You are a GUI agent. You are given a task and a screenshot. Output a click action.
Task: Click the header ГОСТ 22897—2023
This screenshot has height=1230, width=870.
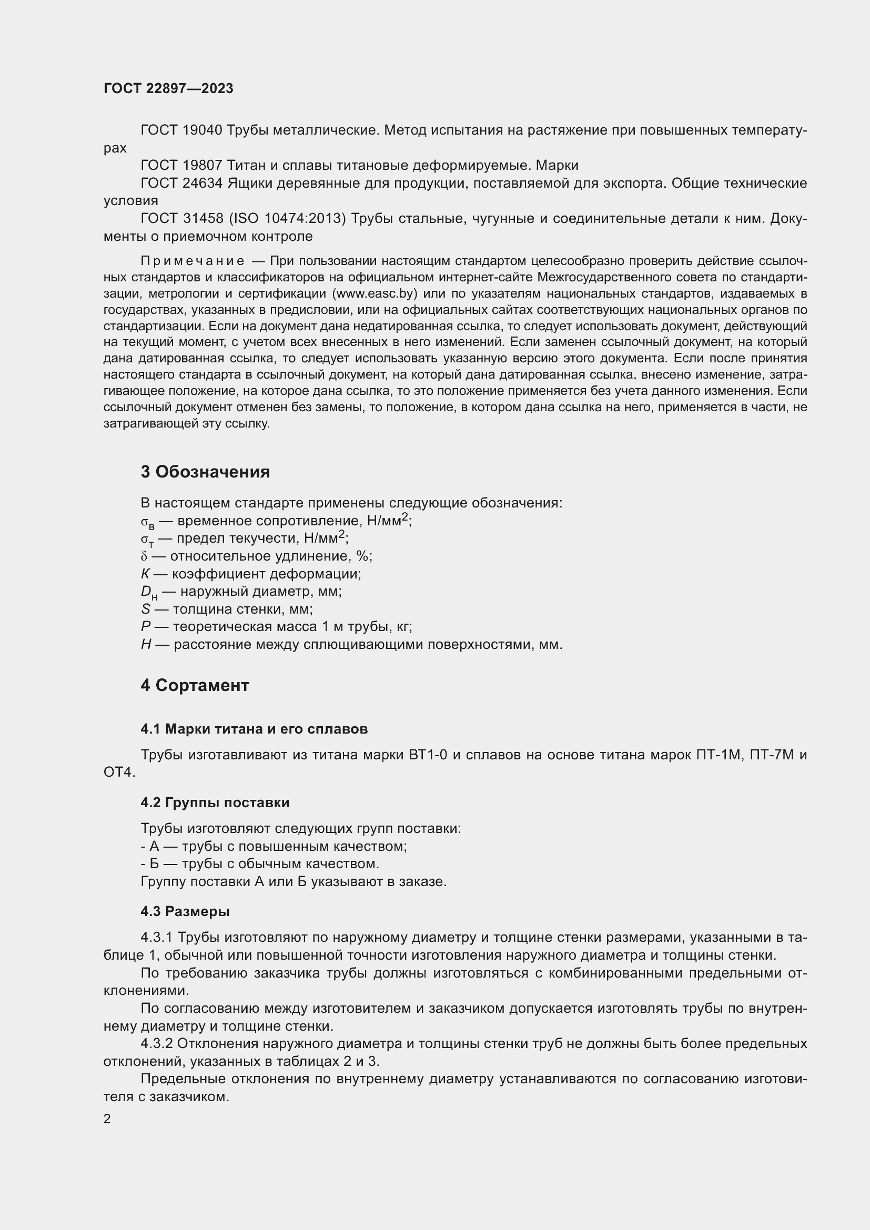tap(168, 89)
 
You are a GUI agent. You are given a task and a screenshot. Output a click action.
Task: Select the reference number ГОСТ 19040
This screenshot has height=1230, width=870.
tap(181, 130)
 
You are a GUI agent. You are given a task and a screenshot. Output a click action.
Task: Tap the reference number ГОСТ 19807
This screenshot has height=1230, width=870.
tap(181, 166)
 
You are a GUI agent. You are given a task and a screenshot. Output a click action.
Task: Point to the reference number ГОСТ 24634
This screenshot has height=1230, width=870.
tap(181, 183)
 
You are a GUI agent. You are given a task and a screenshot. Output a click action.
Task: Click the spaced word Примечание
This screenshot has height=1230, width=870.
tap(192, 261)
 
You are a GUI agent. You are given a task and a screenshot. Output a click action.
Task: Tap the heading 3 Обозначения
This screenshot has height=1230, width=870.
tap(205, 472)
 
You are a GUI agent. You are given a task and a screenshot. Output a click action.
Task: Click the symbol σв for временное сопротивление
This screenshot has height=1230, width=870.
tap(147, 522)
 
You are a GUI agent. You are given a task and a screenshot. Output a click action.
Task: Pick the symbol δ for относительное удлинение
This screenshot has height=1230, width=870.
tap(144, 556)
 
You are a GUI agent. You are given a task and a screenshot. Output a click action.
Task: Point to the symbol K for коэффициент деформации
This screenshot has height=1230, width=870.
tap(145, 574)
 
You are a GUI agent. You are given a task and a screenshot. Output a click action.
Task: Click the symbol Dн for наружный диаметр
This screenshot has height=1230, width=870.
tap(148, 593)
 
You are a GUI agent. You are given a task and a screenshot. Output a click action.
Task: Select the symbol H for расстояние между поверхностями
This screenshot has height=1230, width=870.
tap(146, 645)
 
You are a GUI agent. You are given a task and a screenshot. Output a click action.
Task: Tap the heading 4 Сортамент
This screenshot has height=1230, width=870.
tap(195, 686)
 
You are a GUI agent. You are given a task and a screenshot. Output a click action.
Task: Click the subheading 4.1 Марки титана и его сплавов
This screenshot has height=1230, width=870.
tap(254, 729)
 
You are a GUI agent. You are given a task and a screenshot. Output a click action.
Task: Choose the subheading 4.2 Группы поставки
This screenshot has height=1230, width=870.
tap(215, 802)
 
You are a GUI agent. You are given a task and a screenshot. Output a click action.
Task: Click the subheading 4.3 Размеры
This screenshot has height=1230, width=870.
tap(185, 911)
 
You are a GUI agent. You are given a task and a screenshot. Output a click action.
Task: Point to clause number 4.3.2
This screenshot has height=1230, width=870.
tap(156, 1043)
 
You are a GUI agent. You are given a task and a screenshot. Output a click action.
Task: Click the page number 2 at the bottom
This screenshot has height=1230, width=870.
tap(107, 1119)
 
